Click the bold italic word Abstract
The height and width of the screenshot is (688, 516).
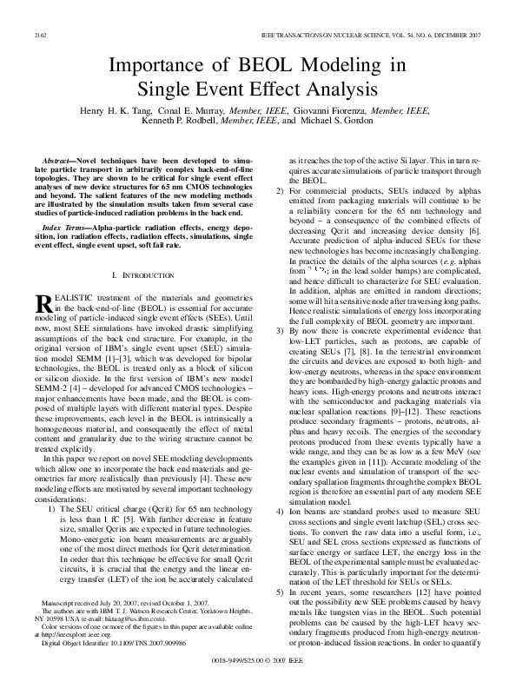click(x=58, y=162)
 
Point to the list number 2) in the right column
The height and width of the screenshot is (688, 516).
click(x=278, y=190)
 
